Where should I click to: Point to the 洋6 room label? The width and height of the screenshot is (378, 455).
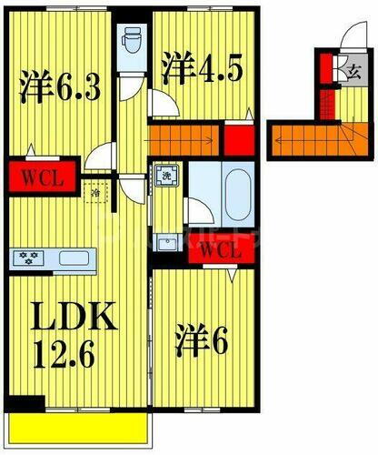point(207,343)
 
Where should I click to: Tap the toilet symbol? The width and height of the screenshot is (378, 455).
point(129,39)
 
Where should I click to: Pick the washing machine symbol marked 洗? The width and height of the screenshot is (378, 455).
point(166,175)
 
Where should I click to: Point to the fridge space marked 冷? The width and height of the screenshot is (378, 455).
point(94,193)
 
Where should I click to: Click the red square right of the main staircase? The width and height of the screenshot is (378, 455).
point(239,140)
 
